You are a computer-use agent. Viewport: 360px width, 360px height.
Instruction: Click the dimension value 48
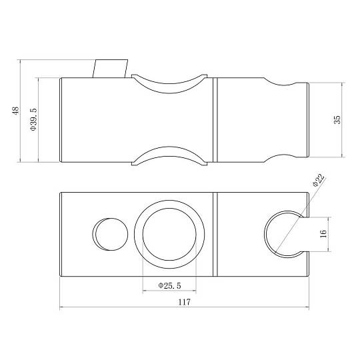tap(15, 111)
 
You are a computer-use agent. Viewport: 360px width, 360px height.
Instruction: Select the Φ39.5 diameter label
tap(33, 119)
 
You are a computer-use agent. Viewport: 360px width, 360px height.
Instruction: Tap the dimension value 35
tap(337, 119)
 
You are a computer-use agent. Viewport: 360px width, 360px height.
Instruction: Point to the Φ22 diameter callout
tap(319, 181)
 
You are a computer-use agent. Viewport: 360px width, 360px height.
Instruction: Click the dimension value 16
tap(323, 234)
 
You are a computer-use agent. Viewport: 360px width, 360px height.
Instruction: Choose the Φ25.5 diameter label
tap(169, 285)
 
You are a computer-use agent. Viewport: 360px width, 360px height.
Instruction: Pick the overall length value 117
tap(185, 302)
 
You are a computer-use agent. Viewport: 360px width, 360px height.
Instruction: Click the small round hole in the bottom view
tap(110, 234)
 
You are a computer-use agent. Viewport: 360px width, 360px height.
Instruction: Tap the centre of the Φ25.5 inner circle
tap(169, 235)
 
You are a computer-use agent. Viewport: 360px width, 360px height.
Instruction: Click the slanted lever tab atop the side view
tap(110, 69)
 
